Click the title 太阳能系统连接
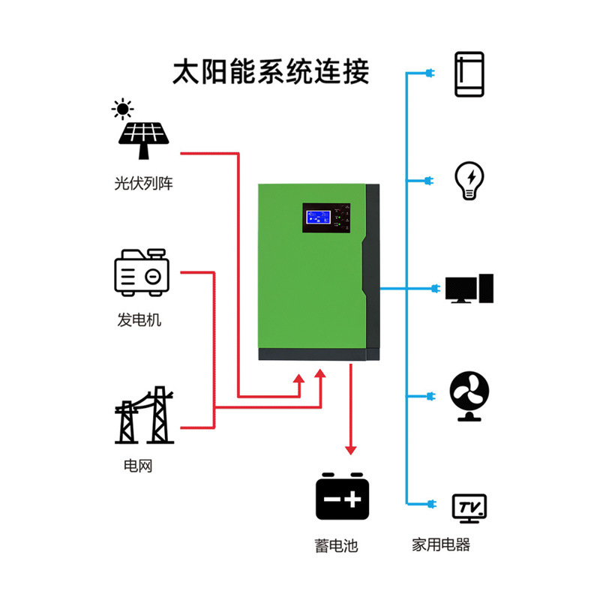coord(271,72)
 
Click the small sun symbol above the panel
coord(122,109)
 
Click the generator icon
coord(142,274)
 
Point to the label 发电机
coord(139,320)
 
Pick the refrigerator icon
coord(469,74)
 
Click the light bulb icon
coord(470,181)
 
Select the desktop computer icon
coord(469,289)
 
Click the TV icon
coord(470,508)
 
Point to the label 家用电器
coord(441,545)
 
